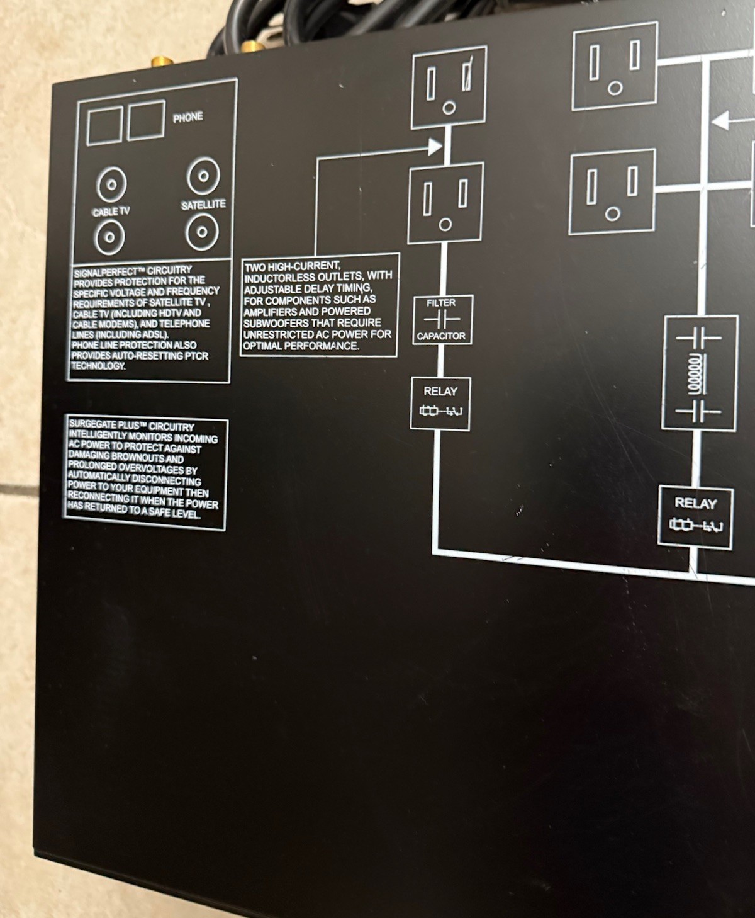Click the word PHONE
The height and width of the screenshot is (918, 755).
point(187,117)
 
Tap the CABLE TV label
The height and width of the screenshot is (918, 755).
point(111,212)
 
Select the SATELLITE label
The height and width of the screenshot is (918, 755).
point(203,205)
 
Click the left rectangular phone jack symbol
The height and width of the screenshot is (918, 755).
point(104,126)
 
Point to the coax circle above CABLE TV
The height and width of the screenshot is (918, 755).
point(111,184)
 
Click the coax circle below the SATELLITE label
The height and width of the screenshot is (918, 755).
point(202,232)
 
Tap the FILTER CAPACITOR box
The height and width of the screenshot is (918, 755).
point(441,320)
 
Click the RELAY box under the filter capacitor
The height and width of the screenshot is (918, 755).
point(440,404)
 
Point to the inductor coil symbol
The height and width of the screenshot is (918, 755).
point(695,373)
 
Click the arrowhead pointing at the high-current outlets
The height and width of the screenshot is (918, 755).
point(435,147)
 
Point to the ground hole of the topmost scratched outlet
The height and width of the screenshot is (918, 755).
point(449,108)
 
